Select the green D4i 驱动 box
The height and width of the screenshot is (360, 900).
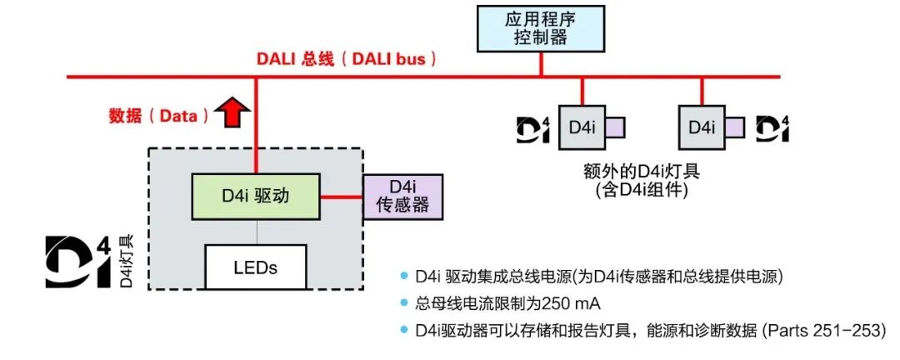256,196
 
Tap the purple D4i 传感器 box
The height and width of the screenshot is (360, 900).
402,197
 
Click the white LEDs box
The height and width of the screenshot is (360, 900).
255,267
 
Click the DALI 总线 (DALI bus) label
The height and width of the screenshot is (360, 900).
345,60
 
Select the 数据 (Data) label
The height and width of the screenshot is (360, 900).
158,116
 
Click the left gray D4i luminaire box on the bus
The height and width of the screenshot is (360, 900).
581,127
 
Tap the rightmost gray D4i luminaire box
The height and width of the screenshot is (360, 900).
701,127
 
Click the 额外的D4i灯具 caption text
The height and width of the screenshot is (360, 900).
642,172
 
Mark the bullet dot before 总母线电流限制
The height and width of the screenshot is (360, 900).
406,302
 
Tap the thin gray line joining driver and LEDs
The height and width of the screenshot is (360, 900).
255,232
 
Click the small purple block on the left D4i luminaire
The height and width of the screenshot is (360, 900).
615,127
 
